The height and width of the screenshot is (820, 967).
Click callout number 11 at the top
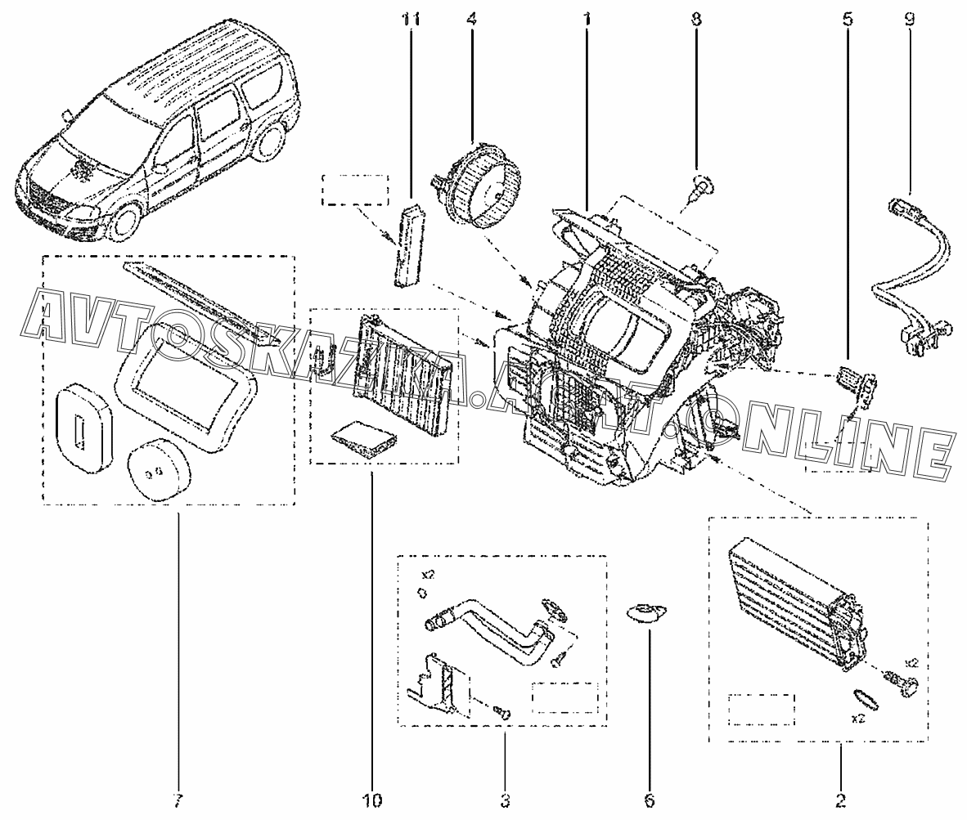click(412, 18)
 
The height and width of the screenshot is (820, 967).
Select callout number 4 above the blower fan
click(472, 18)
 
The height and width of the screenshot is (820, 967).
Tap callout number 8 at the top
click(695, 18)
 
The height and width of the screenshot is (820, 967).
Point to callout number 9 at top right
click(910, 18)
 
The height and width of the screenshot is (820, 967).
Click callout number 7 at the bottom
click(178, 800)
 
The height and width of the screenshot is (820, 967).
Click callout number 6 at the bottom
click(650, 800)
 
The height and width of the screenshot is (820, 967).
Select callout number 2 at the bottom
click(839, 800)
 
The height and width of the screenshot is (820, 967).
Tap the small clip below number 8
click(697, 190)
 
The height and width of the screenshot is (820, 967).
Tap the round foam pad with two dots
click(160, 473)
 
